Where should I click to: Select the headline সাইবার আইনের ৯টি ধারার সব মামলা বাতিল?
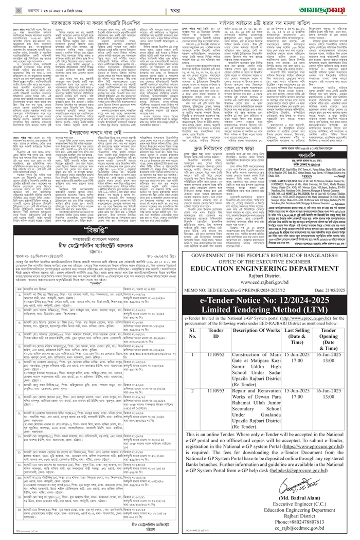[268, 24]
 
